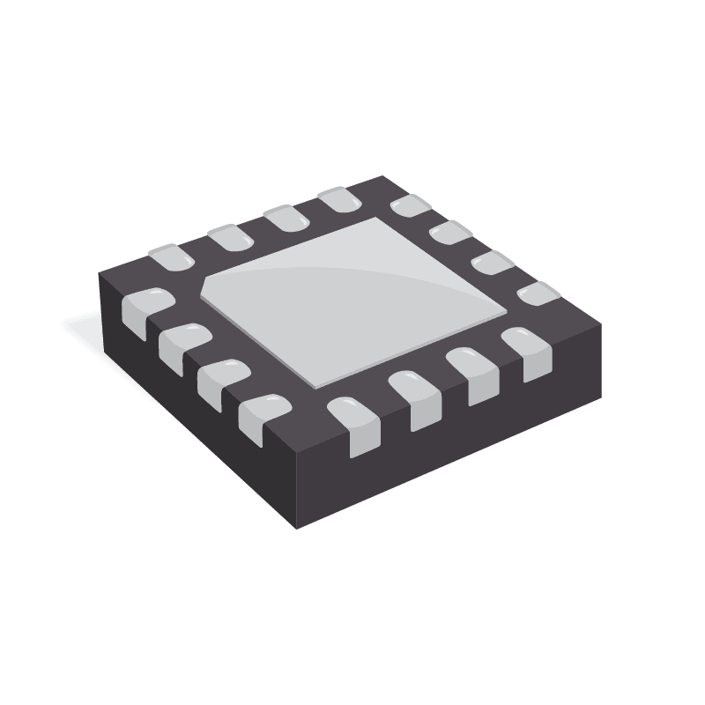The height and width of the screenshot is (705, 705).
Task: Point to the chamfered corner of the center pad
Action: tap(211, 284)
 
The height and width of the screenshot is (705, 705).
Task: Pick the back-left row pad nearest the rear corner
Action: tap(339, 200)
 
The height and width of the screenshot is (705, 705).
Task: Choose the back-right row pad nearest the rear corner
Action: tap(410, 208)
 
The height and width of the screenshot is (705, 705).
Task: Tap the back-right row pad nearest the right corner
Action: tap(538, 293)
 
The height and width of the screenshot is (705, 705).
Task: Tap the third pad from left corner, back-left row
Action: tap(285, 218)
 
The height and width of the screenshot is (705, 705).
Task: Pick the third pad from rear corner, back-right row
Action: tap(493, 263)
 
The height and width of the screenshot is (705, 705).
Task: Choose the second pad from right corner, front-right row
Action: tap(472, 375)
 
